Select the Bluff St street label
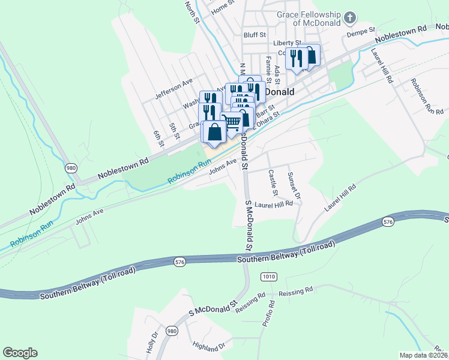click(254, 35)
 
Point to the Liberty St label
click(286, 43)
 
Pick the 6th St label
click(158, 139)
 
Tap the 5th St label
click(175, 131)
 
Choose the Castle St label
click(273, 183)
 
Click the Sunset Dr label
click(293, 185)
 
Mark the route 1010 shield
click(268, 276)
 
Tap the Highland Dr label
click(208, 346)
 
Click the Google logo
click(20, 353)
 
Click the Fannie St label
click(270, 65)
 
